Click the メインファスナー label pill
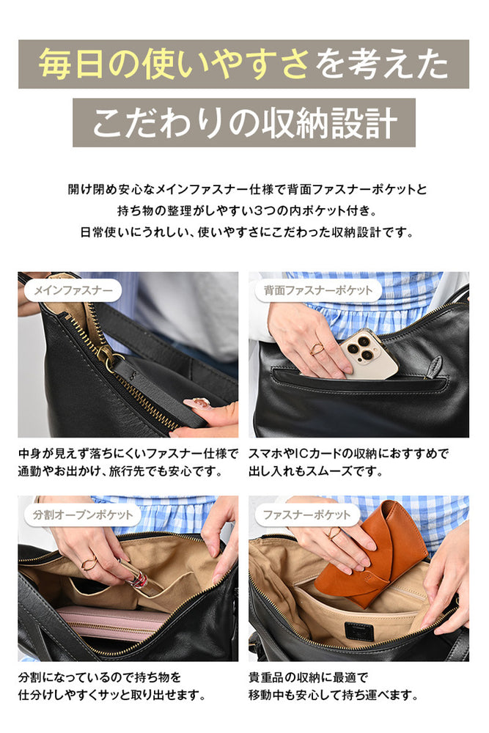[x=73, y=291]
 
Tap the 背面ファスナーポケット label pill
[x=318, y=291]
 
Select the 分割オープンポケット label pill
[x=82, y=515]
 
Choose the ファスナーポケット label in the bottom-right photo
[x=306, y=515]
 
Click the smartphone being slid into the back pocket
[x=369, y=353]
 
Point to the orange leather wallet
[x=371, y=554]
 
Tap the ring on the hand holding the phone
[x=317, y=349]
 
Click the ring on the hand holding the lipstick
[x=89, y=562]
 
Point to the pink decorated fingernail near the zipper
[x=196, y=402]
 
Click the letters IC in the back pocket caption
[x=303, y=454]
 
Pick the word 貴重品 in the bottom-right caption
[x=266, y=677]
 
